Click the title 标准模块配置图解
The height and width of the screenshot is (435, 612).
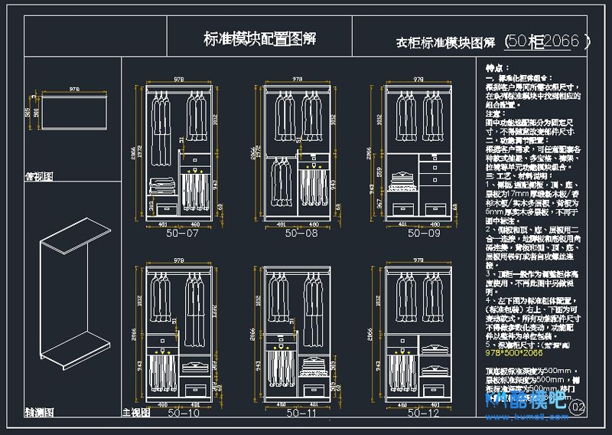[260, 39]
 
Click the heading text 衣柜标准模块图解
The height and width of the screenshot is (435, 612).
[445, 43]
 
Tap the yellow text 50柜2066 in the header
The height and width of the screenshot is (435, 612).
[548, 41]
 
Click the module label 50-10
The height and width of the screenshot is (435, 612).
[182, 413]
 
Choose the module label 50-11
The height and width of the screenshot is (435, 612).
[301, 413]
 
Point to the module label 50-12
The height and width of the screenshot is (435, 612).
[423, 413]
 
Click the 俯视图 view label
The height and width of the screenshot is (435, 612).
[38, 175]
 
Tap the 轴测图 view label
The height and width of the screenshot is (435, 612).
[38, 411]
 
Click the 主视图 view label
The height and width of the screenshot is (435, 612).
[135, 412]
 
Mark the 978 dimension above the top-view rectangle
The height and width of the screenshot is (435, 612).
[75, 90]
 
